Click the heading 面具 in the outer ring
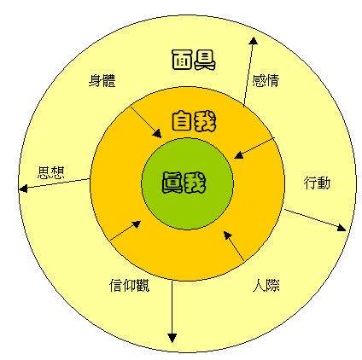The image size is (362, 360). coord(194,60)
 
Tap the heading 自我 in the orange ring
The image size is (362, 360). coord(194,121)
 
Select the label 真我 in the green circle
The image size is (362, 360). coord(184,183)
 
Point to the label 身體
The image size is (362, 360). coord(102,80)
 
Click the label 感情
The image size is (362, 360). coord(266,80)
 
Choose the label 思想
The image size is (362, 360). coord(51,172)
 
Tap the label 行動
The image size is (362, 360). coord(317,183)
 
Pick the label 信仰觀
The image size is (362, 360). coord(130,285)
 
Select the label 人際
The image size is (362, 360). coord(266,285)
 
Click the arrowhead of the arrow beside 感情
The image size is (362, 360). coord(253,41)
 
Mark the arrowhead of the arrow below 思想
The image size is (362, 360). coord(23,189)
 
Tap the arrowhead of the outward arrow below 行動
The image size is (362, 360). coord(342,228)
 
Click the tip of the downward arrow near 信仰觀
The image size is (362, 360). coord(172,342)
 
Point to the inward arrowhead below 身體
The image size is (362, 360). coord(157,134)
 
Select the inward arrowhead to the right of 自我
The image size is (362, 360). coord(238,155)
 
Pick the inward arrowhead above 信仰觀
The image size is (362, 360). coord(137,224)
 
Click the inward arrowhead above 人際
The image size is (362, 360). coord(227,235)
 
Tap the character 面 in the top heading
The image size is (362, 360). coord(182,60)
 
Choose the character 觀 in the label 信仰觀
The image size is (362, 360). coord(143,285)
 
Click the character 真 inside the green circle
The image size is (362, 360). coord(172,183)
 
